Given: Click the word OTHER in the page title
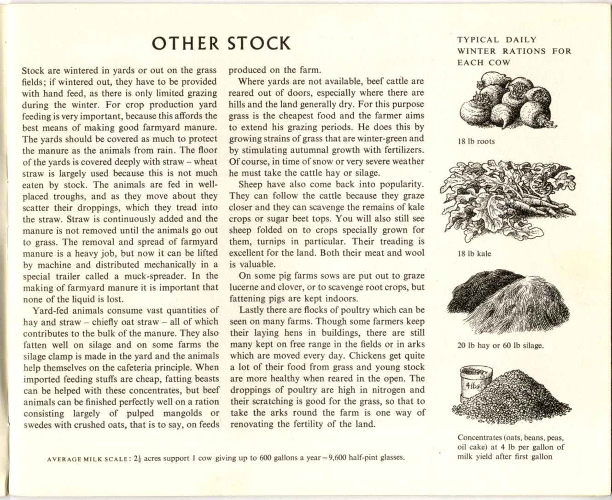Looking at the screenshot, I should click(x=186, y=43).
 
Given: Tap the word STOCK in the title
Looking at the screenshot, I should click(x=259, y=43).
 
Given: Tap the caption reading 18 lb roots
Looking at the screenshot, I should click(x=476, y=141).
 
